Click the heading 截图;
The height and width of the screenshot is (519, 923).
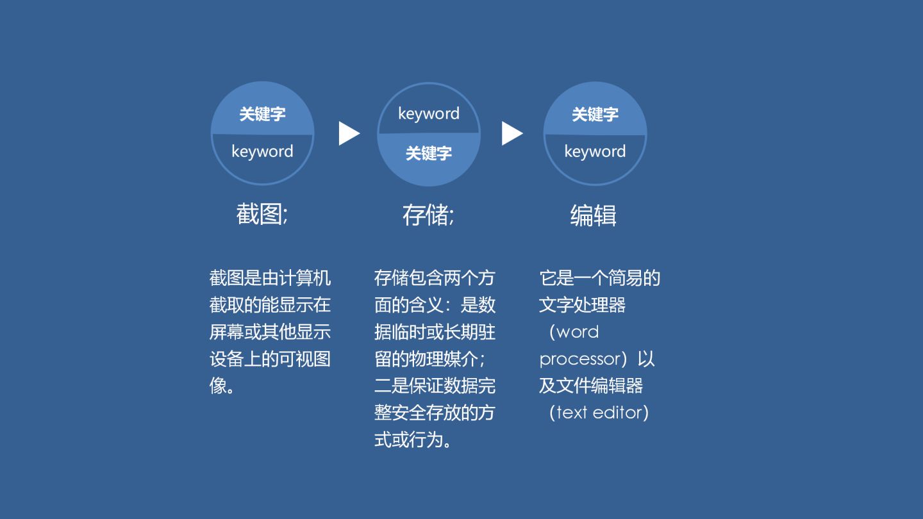pyautogui.click(x=262, y=214)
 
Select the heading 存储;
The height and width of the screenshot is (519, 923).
pyautogui.click(x=428, y=215)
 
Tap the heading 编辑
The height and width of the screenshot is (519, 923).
pyautogui.click(x=593, y=215)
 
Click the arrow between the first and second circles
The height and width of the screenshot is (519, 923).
pyautogui.click(x=349, y=133)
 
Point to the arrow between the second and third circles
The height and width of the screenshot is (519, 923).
pyautogui.click(x=511, y=133)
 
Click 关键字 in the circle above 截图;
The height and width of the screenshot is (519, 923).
pyautogui.click(x=262, y=115)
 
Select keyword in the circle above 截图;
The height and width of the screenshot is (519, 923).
pyautogui.click(x=262, y=152)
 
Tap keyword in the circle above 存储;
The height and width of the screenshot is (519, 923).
pyautogui.click(x=428, y=114)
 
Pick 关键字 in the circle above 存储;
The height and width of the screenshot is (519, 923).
pyautogui.click(x=428, y=153)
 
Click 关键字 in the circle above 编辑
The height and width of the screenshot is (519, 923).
pyautogui.click(x=595, y=115)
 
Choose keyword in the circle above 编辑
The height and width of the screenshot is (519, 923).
pyautogui.click(x=595, y=152)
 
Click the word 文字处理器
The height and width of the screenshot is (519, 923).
pyautogui.click(x=582, y=305)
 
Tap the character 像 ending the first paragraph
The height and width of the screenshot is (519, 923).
pyautogui.click(x=219, y=386)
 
